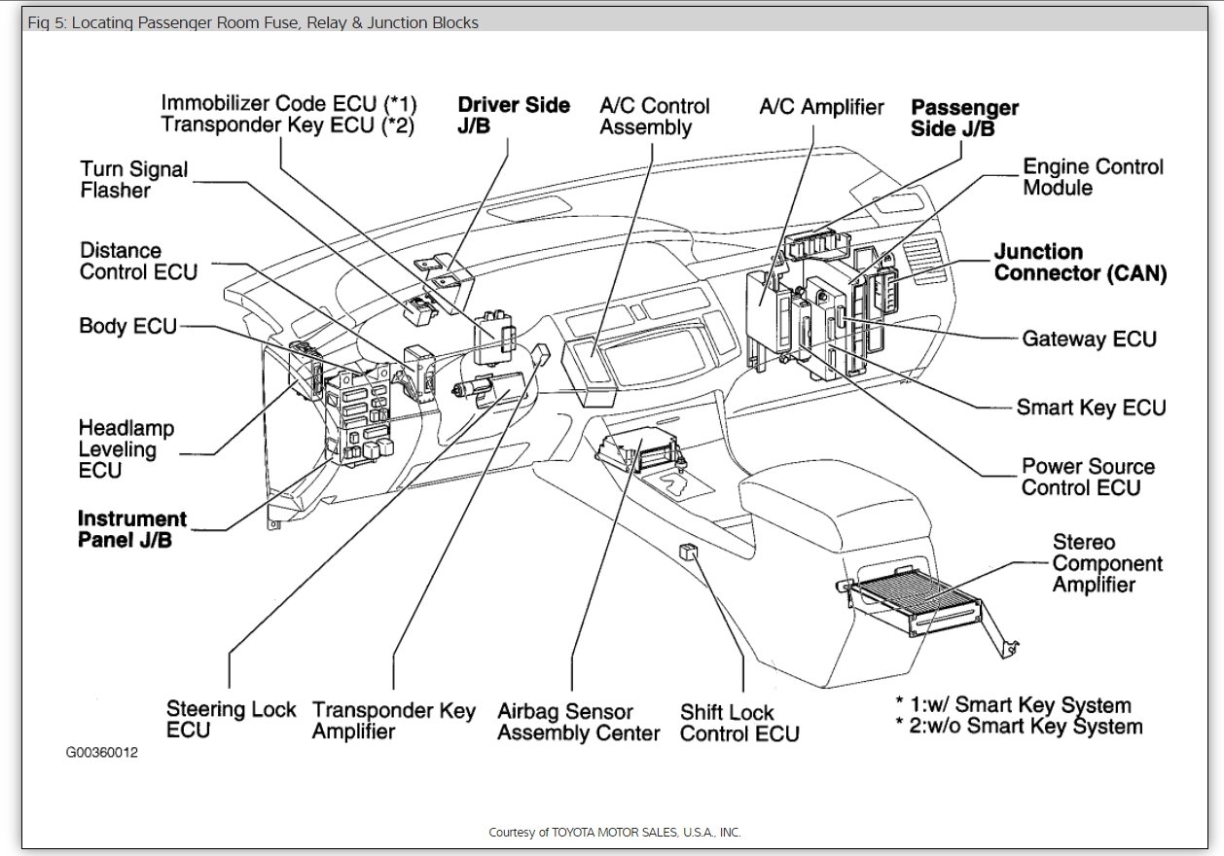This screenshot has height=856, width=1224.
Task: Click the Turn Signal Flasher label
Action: [x=133, y=180]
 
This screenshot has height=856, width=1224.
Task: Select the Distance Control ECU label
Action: [x=138, y=261]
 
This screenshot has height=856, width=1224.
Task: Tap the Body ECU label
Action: [x=127, y=326]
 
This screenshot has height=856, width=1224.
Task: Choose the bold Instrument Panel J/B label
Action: [x=131, y=529]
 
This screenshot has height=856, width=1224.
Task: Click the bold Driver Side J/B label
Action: [x=513, y=116]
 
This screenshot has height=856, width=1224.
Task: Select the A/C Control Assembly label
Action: [x=654, y=116]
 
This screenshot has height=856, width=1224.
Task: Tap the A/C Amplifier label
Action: [x=821, y=107]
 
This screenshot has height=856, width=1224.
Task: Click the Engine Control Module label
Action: [x=1092, y=176]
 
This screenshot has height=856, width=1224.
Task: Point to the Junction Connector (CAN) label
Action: [x=1079, y=263]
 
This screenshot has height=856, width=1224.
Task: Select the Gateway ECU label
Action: [x=1089, y=339]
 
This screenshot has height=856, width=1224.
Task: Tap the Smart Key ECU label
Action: [x=1090, y=407]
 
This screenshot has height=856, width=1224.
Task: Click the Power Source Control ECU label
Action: [x=1088, y=477]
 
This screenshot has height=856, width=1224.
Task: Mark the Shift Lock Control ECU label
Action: [x=738, y=723]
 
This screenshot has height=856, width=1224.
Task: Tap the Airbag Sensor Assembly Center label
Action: [x=578, y=722]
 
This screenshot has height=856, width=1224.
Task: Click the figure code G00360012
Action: [x=101, y=753]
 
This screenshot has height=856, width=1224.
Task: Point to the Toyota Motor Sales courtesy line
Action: [x=614, y=832]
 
